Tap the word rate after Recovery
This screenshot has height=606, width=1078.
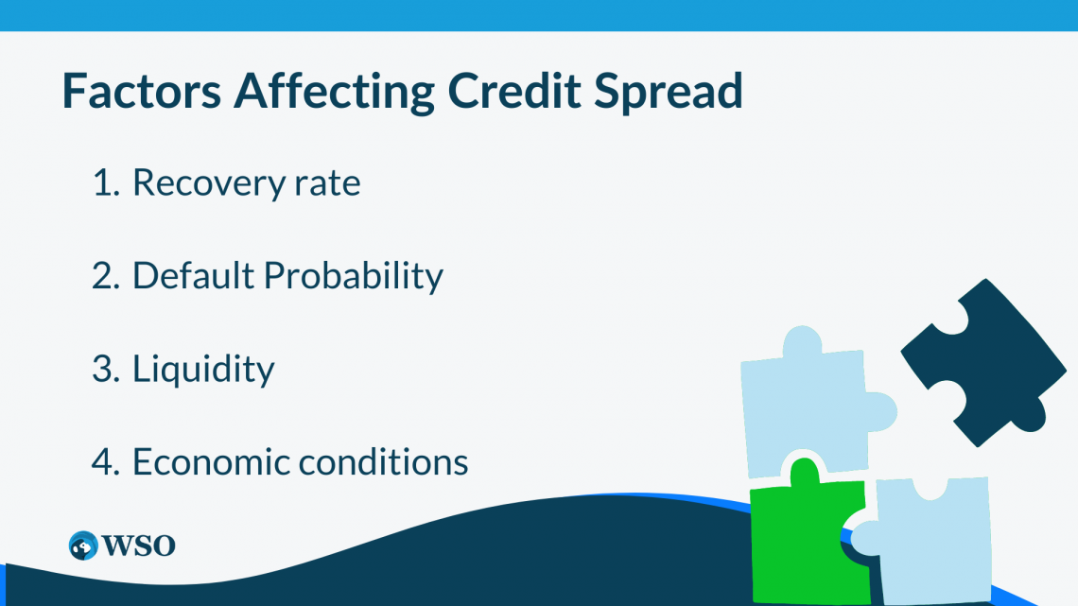coord(327,183)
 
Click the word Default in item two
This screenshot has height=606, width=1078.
coord(193,275)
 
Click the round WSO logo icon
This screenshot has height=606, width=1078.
coord(83,545)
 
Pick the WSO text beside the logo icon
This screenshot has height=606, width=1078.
coord(138,545)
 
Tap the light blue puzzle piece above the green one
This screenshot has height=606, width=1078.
coord(804,402)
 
